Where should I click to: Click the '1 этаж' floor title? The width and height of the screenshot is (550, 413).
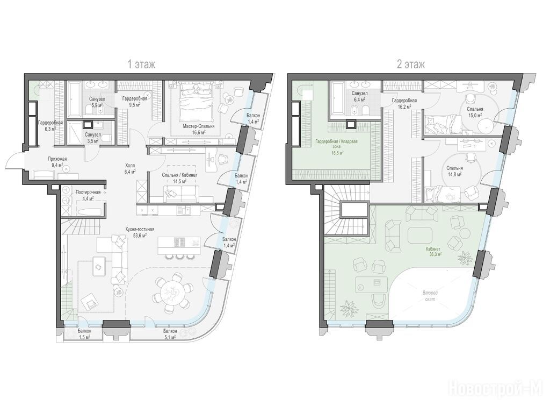coord(141,65)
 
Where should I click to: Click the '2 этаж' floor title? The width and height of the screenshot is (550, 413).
coord(410,65)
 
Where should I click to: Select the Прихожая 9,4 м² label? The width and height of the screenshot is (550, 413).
coord(57,161)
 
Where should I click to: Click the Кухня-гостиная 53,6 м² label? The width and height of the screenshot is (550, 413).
coord(140,232)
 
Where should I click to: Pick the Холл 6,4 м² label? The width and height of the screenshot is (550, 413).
coord(130,168)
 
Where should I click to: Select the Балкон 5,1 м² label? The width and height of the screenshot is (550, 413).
coord(170,334)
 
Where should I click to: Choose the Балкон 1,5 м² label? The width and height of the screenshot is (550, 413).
coord(84,334)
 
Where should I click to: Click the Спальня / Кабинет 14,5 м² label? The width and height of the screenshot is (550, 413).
coord(179,178)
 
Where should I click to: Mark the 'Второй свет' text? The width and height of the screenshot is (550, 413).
coord(430,296)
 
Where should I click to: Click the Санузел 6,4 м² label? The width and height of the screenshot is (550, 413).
coord(359,96)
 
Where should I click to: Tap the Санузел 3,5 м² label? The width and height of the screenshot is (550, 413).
coord(93,137)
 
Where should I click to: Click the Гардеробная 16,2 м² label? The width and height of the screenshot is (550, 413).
coord(404,103)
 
